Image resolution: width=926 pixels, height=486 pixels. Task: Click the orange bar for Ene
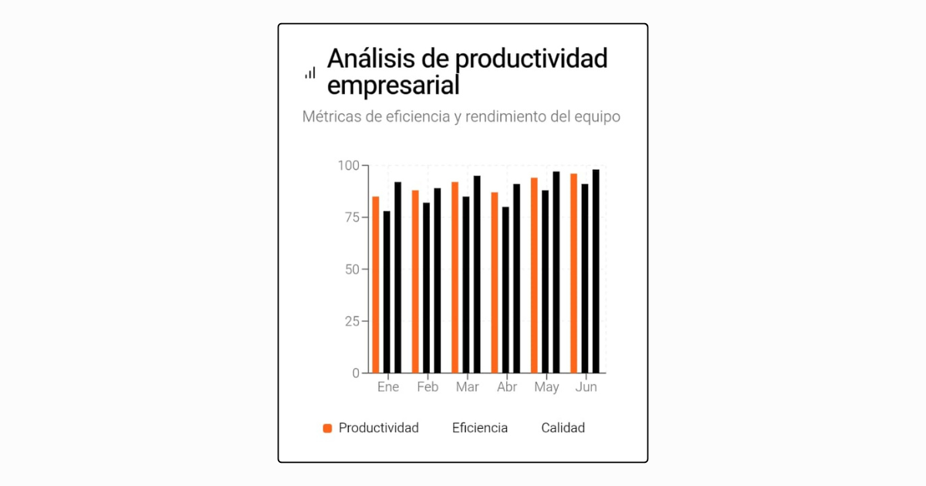click(376, 285)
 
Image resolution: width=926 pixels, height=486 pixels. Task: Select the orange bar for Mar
click(455, 278)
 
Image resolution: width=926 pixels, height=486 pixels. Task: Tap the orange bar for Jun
click(573, 273)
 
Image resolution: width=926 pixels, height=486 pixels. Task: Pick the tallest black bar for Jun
click(596, 271)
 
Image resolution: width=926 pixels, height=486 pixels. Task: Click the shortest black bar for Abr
click(505, 290)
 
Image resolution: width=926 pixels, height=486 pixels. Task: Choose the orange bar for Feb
click(415, 282)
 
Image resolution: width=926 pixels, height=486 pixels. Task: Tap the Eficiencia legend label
click(480, 428)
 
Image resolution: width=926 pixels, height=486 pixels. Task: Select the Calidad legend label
click(563, 428)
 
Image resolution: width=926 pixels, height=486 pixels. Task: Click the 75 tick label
click(351, 218)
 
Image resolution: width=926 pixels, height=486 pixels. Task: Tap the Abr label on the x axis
click(507, 387)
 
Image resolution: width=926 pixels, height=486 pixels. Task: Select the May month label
click(546, 387)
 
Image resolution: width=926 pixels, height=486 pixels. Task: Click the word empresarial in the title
click(394, 84)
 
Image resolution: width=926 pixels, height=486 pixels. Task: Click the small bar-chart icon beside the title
click(310, 73)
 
